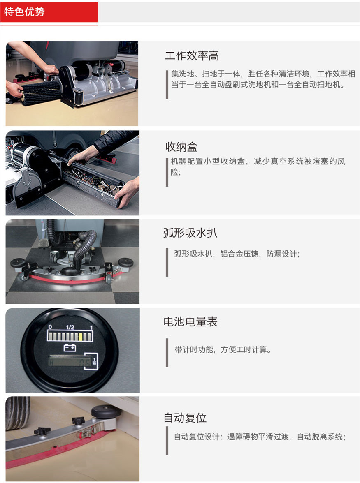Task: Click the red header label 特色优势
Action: (x=25, y=12)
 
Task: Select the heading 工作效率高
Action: (x=192, y=56)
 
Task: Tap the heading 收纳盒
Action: (x=181, y=147)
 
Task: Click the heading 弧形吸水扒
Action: (x=190, y=233)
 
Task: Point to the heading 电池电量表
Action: (x=190, y=322)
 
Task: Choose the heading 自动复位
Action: (x=185, y=418)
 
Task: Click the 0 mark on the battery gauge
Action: (x=50, y=327)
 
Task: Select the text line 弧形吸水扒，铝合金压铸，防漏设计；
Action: (x=237, y=254)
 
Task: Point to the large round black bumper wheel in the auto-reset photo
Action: (x=103, y=410)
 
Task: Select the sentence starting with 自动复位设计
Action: (x=259, y=437)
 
